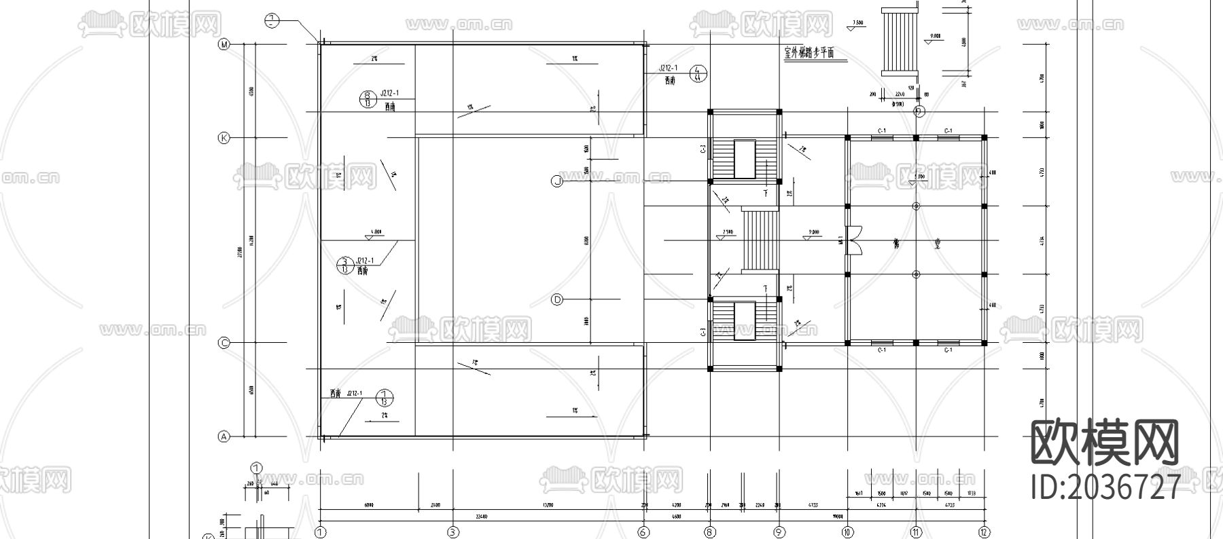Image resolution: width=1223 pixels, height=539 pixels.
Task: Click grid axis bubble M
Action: point(224,45)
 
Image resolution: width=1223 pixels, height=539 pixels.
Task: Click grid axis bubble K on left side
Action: point(224,138)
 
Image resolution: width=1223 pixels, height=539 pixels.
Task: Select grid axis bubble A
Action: point(224,436)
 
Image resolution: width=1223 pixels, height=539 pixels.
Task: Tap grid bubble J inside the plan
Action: point(556,181)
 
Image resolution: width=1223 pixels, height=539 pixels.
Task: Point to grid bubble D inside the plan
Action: point(556,299)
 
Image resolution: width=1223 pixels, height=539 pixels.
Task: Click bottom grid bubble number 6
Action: point(643,532)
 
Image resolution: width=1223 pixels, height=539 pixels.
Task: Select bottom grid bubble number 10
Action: point(847,532)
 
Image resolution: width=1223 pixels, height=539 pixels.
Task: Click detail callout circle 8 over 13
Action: point(368,99)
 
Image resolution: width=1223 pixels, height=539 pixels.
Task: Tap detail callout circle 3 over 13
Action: point(345,265)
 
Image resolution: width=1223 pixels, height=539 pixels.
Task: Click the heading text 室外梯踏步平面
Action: point(809,54)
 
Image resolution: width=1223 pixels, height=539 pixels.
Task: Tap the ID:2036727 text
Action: point(1105,487)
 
